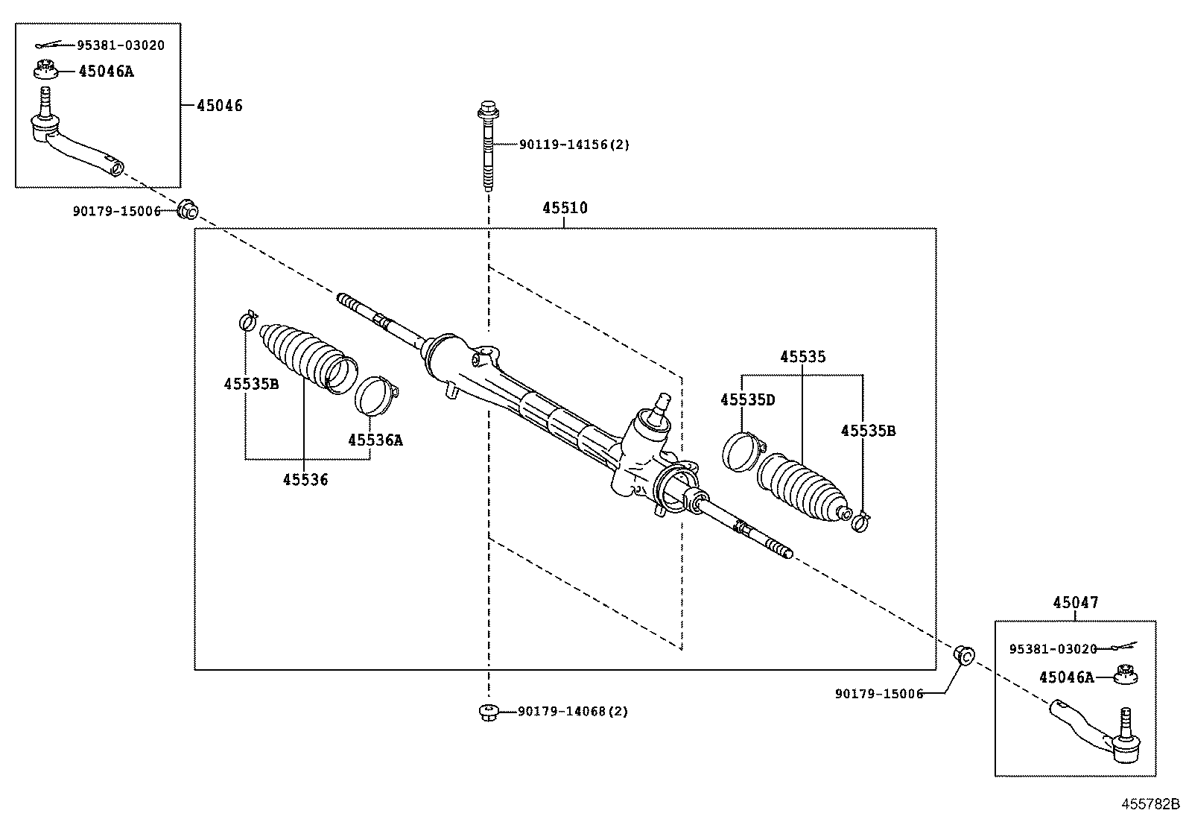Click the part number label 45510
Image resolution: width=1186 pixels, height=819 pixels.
click(564, 208)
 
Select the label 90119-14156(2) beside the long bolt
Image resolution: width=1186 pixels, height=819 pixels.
click(574, 145)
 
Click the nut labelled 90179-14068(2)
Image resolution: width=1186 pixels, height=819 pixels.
click(488, 712)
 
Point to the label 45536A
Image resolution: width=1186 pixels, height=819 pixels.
click(375, 440)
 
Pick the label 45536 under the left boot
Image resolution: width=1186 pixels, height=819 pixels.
click(305, 480)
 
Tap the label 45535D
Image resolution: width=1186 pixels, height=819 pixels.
click(747, 400)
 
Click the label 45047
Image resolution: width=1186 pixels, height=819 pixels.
click(1075, 603)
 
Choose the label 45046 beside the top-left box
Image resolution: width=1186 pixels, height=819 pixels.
click(219, 106)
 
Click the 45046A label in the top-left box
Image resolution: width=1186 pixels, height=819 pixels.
click(107, 72)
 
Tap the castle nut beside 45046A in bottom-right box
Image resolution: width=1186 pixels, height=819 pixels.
click(1126, 675)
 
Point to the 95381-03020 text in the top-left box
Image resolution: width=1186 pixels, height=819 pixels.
click(120, 45)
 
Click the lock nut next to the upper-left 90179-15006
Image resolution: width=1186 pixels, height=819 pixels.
click(188, 210)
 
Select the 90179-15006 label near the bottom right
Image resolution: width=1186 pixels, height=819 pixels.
click(878, 694)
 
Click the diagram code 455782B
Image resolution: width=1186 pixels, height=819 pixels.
click(1151, 804)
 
